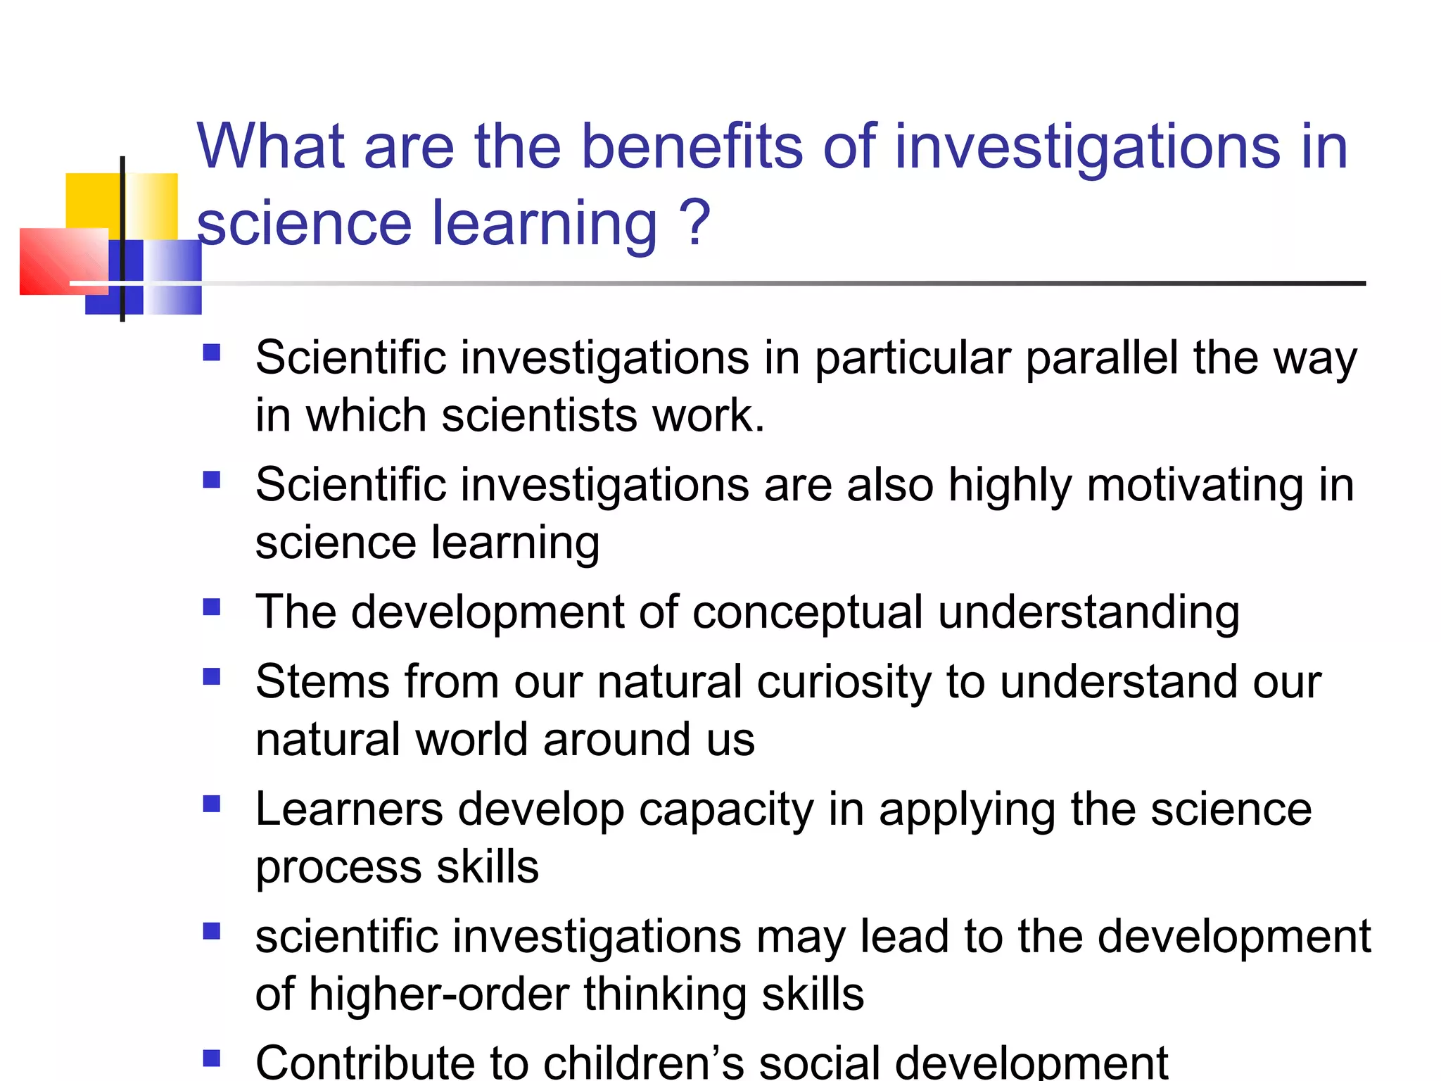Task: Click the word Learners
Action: coord(349,809)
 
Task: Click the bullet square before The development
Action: coord(211,607)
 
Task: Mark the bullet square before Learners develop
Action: coord(211,804)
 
